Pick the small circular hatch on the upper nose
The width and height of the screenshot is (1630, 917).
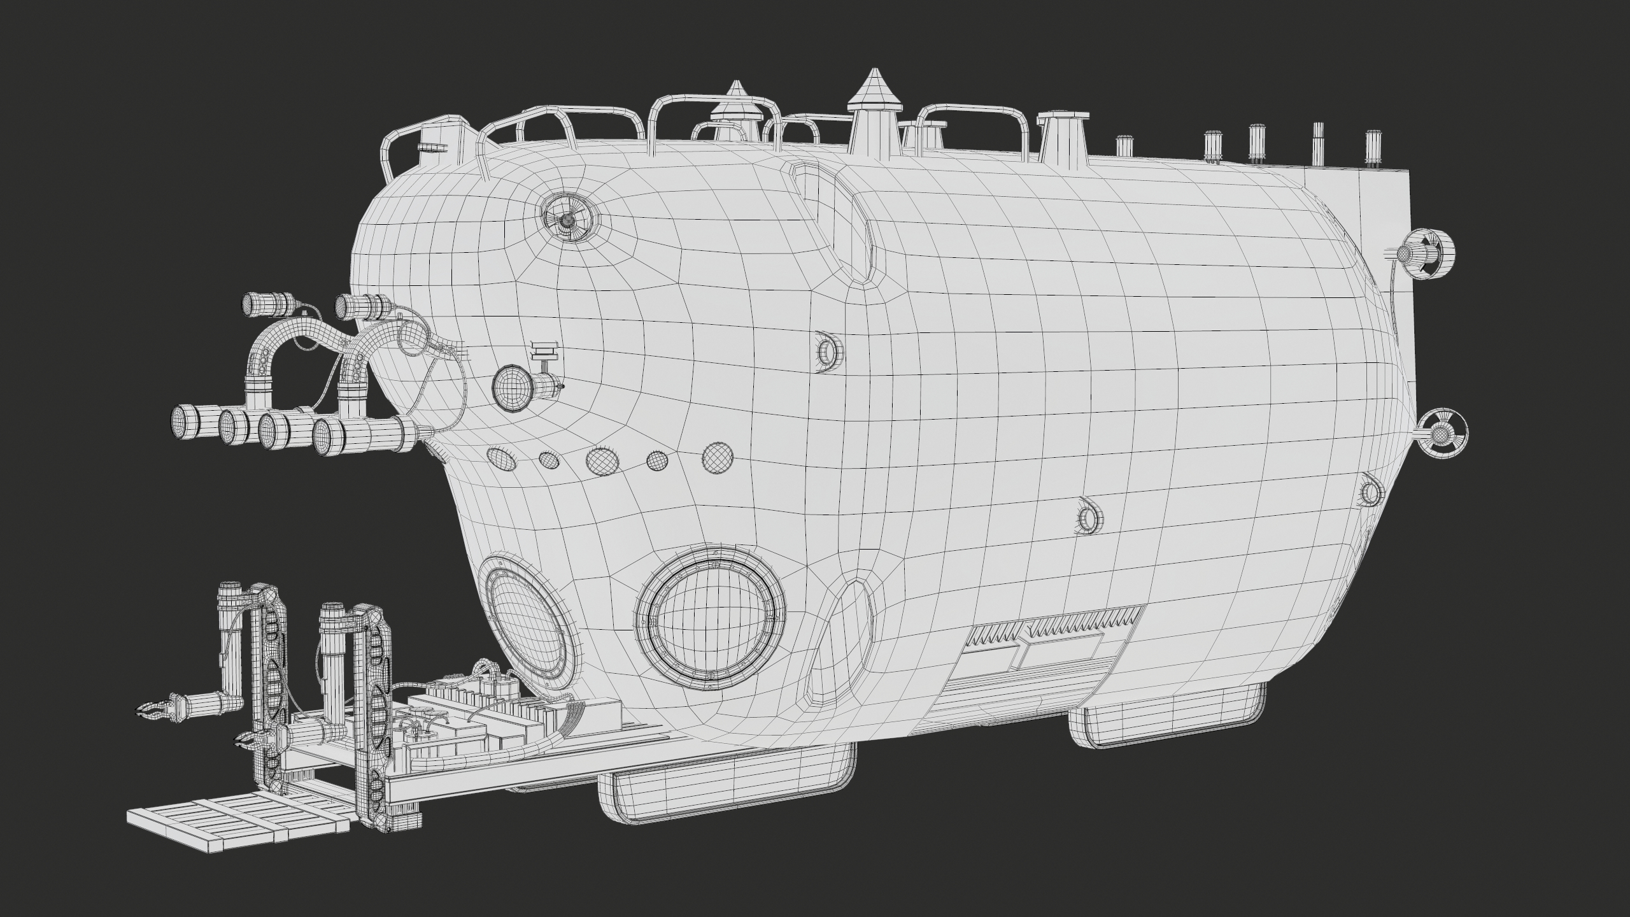(x=569, y=219)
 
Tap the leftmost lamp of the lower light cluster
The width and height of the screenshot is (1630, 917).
(x=187, y=423)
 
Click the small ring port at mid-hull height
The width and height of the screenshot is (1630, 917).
(x=828, y=350)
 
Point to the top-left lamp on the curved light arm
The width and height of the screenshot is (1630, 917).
(x=260, y=305)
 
